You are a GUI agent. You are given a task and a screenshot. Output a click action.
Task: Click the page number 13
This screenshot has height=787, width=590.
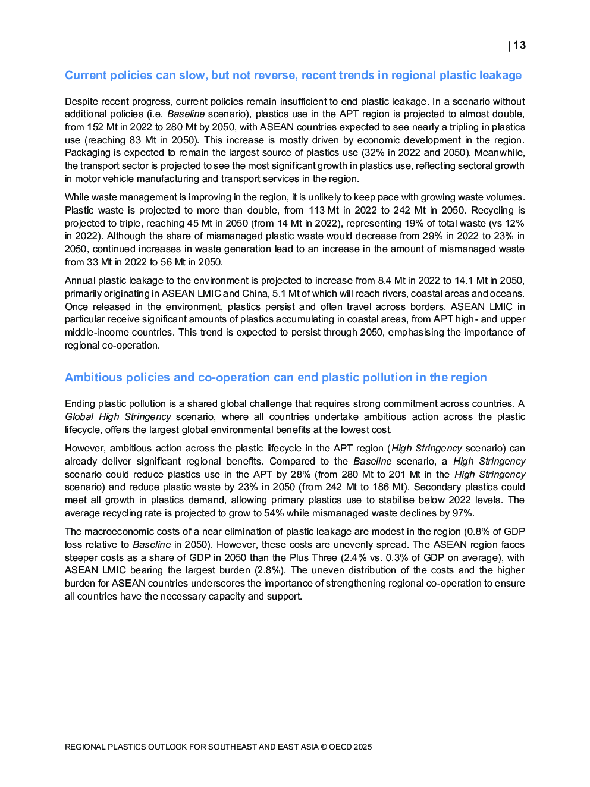click(x=519, y=45)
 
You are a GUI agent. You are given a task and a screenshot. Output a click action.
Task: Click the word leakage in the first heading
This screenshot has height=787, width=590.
click(x=498, y=76)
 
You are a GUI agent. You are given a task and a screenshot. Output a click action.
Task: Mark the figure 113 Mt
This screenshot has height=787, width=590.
click(x=324, y=210)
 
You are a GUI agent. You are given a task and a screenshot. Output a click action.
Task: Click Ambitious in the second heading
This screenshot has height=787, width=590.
click(x=92, y=378)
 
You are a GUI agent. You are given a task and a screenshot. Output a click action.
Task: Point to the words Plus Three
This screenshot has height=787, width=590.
click(x=313, y=557)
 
